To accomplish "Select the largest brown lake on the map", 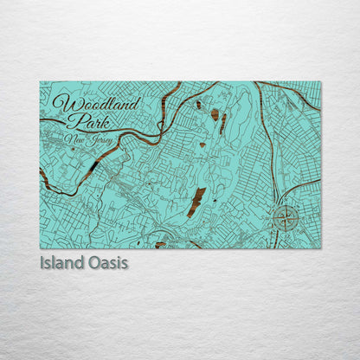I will pyautogui.click(x=196, y=202).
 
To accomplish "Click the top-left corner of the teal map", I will pyautogui.click(x=40, y=82).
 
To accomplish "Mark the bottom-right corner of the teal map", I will pyautogui.click(x=320, y=248).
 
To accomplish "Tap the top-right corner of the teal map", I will pyautogui.click(x=320, y=82).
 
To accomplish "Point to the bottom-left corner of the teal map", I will pyautogui.click(x=40, y=248).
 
